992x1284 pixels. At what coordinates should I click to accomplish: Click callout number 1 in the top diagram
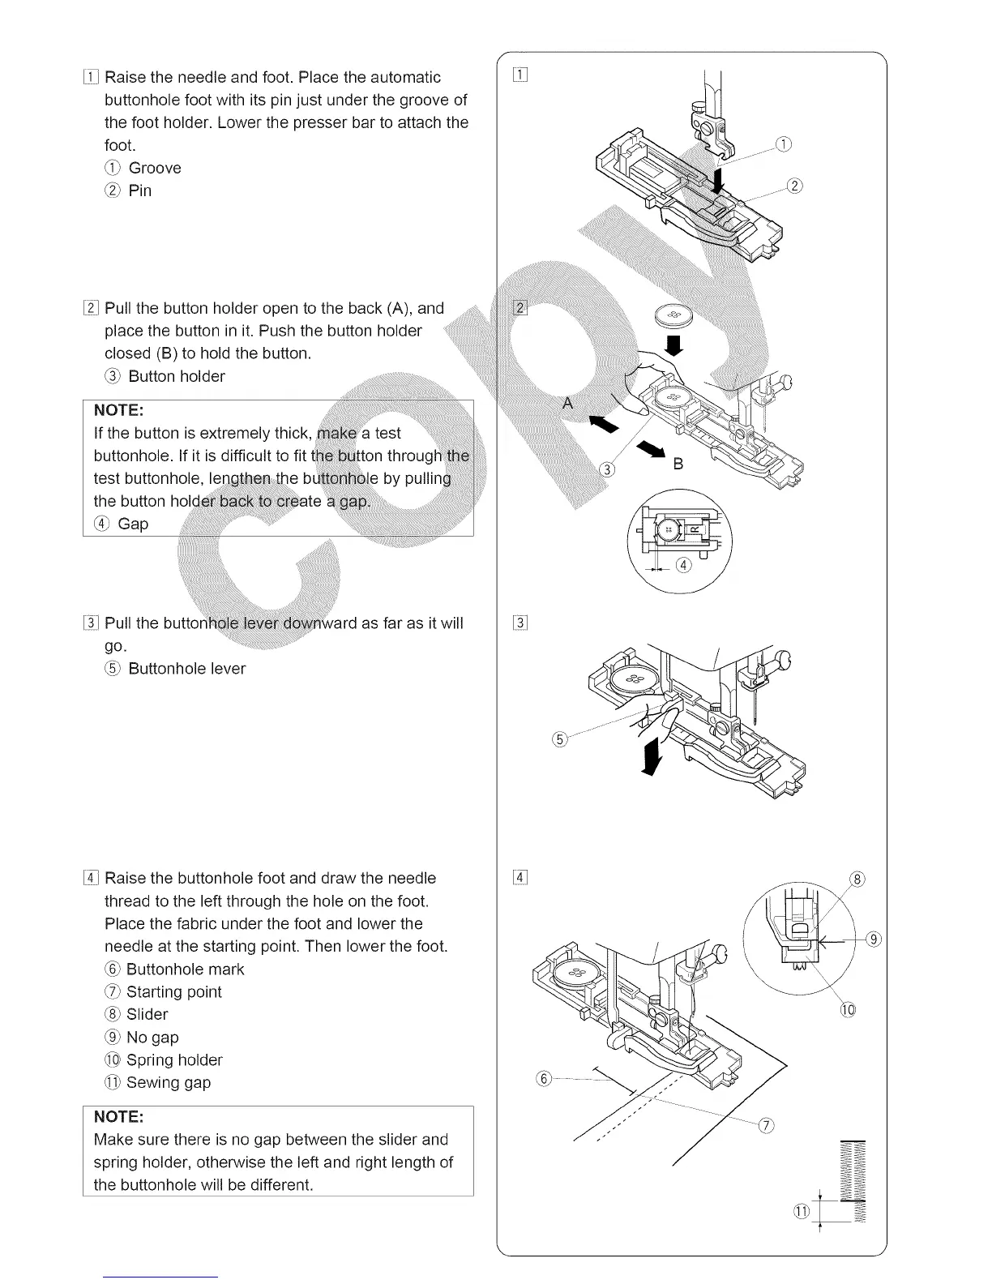[783, 145]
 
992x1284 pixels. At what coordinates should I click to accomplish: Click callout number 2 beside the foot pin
[795, 186]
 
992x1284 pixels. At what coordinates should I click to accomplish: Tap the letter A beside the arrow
[568, 403]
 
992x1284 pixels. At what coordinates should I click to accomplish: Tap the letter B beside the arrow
[678, 464]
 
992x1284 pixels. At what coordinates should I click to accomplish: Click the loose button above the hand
[673, 315]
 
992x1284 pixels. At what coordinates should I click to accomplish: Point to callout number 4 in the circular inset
[683, 565]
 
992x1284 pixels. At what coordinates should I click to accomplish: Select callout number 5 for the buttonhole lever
[558, 738]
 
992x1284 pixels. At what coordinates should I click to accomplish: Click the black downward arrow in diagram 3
[650, 758]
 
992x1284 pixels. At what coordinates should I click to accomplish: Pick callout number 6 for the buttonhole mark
[544, 1078]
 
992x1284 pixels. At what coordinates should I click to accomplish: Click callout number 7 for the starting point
[767, 1124]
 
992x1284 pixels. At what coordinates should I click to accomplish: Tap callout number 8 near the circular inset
[857, 879]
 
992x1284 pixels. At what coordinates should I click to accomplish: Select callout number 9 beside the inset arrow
[873, 939]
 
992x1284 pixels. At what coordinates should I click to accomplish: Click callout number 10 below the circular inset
[848, 1010]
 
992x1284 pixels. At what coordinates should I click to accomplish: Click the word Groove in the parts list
[155, 168]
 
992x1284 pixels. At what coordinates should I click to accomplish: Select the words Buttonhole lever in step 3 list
[186, 669]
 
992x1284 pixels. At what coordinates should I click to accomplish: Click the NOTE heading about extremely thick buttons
[119, 410]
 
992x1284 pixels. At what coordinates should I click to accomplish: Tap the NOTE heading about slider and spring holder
[119, 1117]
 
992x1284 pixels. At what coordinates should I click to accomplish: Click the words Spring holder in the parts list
[174, 1059]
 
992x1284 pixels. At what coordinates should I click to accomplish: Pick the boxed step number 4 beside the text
[91, 879]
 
